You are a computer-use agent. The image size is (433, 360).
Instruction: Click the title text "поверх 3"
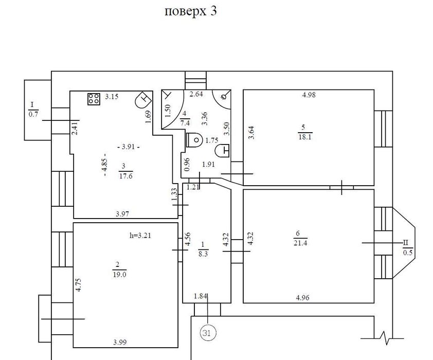tap(190, 12)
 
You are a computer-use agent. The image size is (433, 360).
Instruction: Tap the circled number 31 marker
tap(207, 333)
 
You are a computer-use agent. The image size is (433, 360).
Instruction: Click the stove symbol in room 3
tap(94, 99)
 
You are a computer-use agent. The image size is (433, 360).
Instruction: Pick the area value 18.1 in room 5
tap(304, 136)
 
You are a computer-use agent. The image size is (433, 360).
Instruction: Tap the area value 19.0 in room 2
tap(118, 274)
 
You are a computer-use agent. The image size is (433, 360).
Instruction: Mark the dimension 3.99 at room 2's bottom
tap(119, 341)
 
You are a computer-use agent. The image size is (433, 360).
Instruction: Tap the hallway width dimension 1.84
tap(201, 296)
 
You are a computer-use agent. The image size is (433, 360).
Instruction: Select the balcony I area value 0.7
tap(33, 115)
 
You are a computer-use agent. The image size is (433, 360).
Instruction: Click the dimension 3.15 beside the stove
tap(112, 96)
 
